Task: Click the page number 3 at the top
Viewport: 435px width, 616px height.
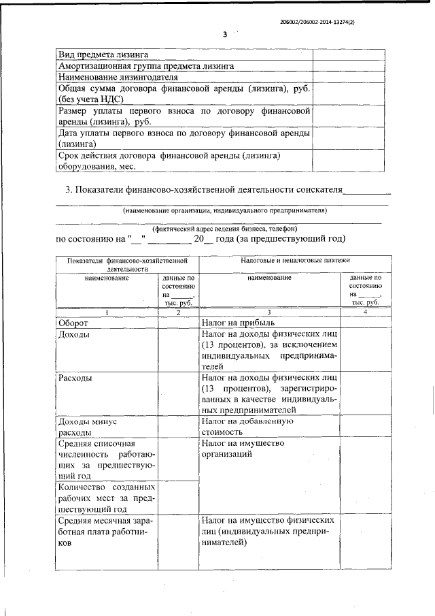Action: click(x=225, y=35)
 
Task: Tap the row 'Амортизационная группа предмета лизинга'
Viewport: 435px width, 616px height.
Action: click(x=146, y=66)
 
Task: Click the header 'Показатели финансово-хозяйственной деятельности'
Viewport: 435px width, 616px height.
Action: click(x=126, y=264)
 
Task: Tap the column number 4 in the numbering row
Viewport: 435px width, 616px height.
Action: click(x=365, y=312)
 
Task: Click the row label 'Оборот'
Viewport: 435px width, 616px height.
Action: click(x=74, y=323)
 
